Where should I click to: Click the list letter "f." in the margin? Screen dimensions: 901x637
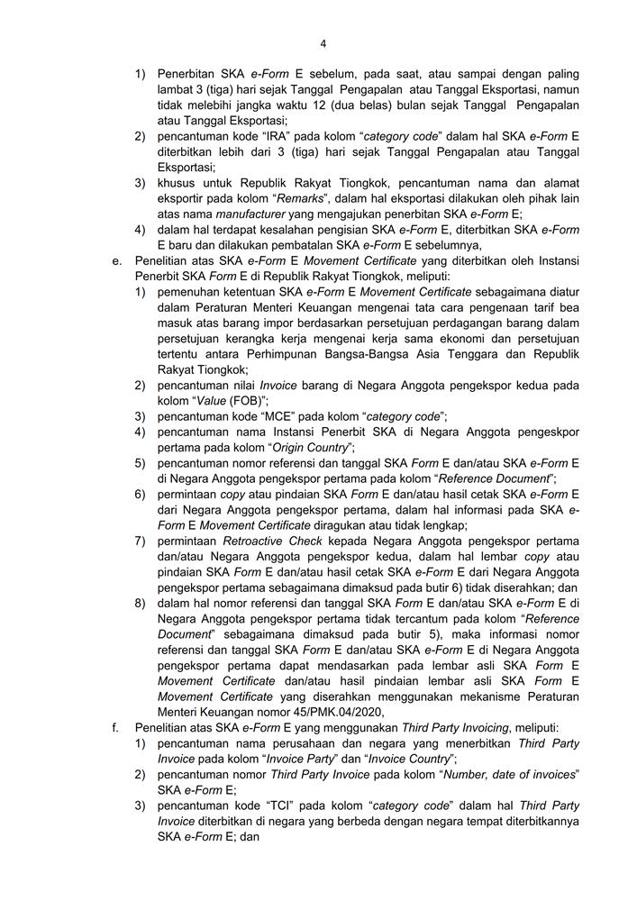pos(115,727)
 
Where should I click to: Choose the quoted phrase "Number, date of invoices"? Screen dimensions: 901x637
pos(503,774)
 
